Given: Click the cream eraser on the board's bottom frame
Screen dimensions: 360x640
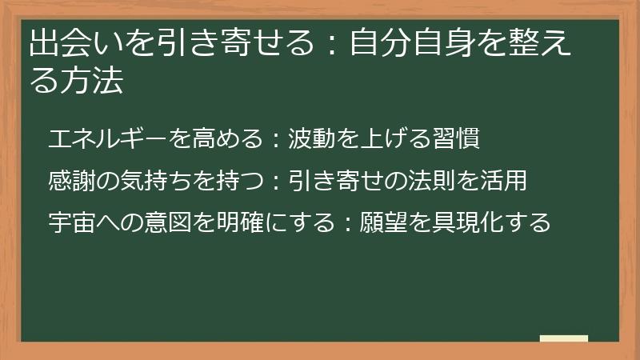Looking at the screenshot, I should [x=564, y=339].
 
